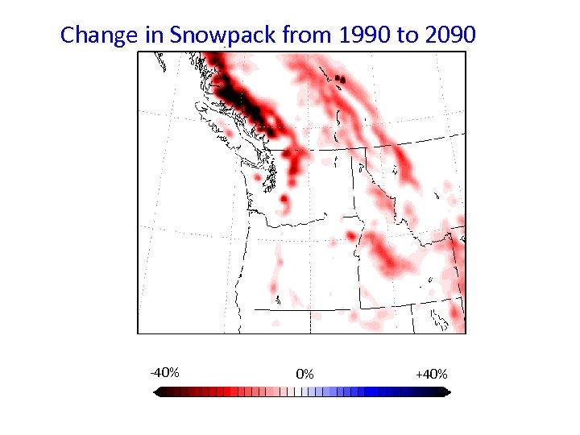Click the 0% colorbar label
304,374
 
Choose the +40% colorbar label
431,374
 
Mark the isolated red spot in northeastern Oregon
351,235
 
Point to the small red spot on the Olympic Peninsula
257,176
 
